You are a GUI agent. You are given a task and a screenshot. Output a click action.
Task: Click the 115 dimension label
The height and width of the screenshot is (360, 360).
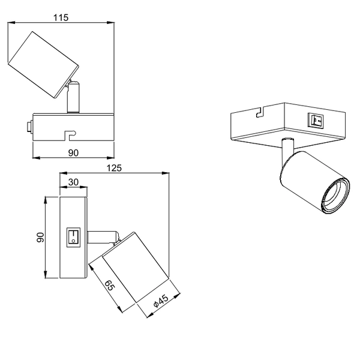[x=61, y=17]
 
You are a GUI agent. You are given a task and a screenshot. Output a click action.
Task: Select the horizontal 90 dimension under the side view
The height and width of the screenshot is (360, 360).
[x=73, y=153]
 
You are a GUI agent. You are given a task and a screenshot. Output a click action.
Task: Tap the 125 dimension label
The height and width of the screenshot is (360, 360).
[x=114, y=168]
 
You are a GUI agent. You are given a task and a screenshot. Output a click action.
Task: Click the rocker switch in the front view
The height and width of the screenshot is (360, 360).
[x=73, y=236]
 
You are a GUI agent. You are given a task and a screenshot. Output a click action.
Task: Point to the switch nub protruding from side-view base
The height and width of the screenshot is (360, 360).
[x=29, y=127]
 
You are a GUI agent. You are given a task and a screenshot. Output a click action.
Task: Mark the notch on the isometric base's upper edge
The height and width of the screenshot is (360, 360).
[x=260, y=112]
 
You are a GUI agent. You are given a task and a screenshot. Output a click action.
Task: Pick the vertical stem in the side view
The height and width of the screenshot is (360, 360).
[x=73, y=97]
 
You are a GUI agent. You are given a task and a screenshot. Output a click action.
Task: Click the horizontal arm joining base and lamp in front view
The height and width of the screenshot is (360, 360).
[x=102, y=236]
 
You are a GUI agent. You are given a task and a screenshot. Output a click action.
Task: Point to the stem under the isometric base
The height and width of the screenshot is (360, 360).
[x=287, y=146]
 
